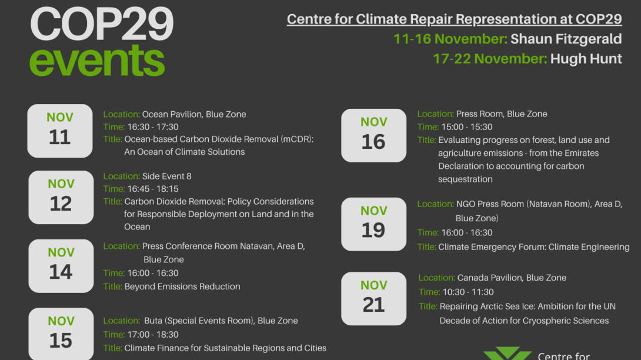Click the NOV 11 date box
(x=60, y=131)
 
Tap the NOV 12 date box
(x=61, y=197)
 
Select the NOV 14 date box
(x=61, y=266)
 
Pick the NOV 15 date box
(x=61, y=334)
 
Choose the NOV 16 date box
(x=373, y=135)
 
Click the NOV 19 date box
(x=373, y=224)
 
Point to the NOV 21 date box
(x=373, y=299)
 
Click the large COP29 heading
(x=102, y=24)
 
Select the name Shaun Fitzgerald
(x=566, y=39)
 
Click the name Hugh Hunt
(x=586, y=59)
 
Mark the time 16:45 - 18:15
(x=153, y=189)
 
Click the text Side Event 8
(x=166, y=176)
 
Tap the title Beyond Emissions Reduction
(x=182, y=286)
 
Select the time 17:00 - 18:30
(x=153, y=334)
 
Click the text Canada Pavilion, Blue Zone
(x=512, y=278)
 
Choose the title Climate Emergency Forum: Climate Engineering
(x=533, y=247)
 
